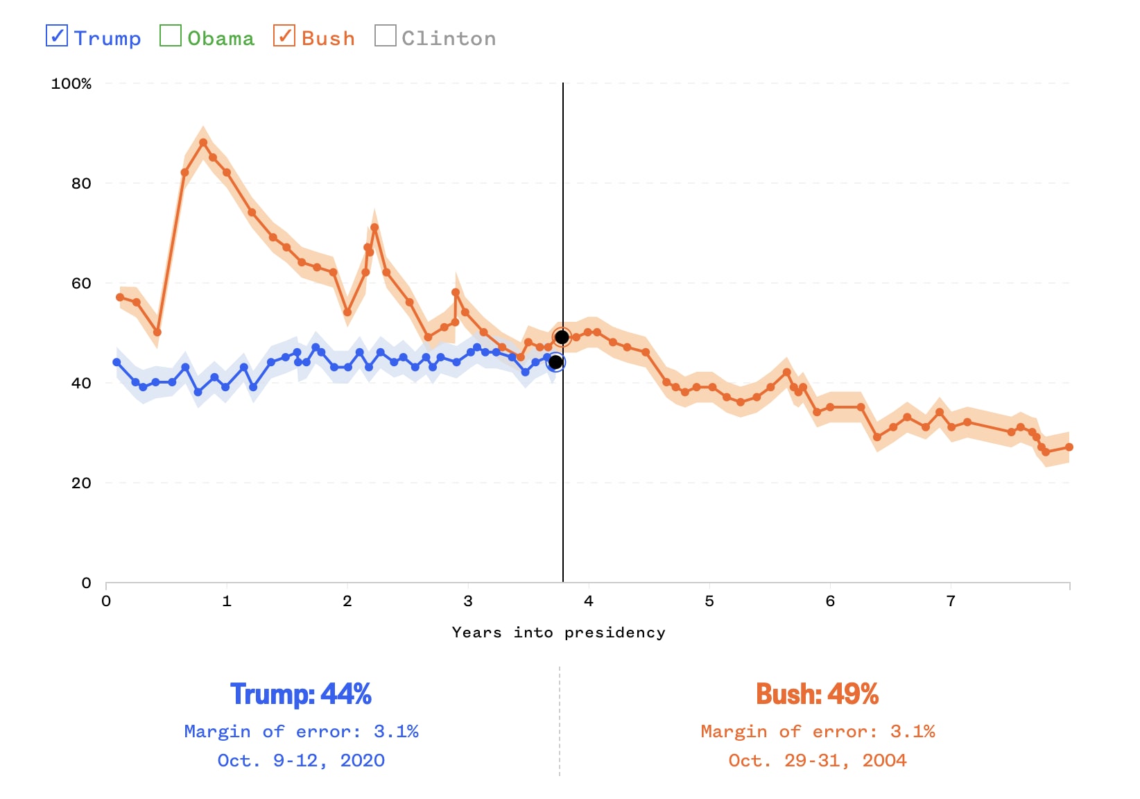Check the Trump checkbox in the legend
pos(57,35)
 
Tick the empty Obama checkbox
pos(171,35)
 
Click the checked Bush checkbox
pos(284,35)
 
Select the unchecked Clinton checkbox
pos(386,35)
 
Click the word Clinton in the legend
pos(449,39)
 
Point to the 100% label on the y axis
pos(71,84)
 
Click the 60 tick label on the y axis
pos(81,284)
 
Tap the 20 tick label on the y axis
pos(81,483)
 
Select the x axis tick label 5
pos(709,601)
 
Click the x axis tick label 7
pos(951,601)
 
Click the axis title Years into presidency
pos(558,633)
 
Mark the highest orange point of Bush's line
pos(203,143)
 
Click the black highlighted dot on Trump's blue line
pos(555,362)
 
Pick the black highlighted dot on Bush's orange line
pos(562,338)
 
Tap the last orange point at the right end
pos(1069,447)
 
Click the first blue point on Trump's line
pos(116,363)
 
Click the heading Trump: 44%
pos(301,694)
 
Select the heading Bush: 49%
pos(817,694)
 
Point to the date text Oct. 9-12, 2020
pos(301,761)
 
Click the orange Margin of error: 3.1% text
pos(817,732)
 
